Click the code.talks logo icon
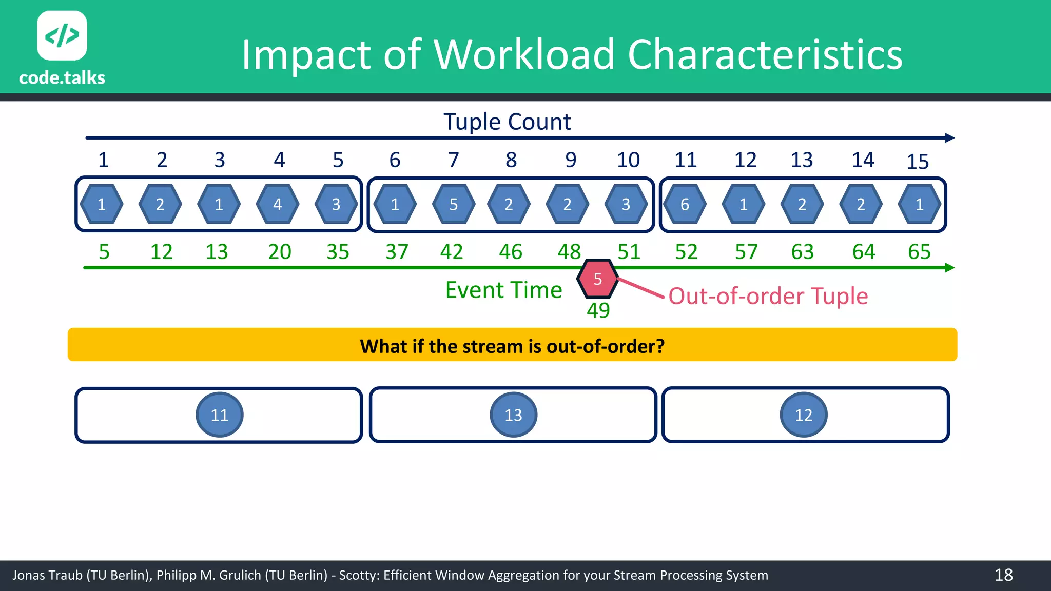[x=62, y=35]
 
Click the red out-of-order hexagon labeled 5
[x=597, y=279]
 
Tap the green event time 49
[x=598, y=310]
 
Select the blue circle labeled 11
[x=220, y=415]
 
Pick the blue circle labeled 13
[x=513, y=415]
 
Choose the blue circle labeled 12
[x=803, y=415]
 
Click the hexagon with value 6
[x=685, y=204]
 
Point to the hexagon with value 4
[x=278, y=204]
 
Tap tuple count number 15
[x=918, y=162]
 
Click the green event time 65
[x=919, y=252]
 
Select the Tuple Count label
[x=507, y=122]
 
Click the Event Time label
[x=503, y=290]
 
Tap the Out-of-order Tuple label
[x=768, y=297]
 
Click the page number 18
[x=1003, y=575]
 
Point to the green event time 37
[x=397, y=252]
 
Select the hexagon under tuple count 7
[x=454, y=204]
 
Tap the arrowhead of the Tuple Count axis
[x=950, y=137]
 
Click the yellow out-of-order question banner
[x=512, y=345]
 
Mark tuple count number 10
[x=628, y=160]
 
